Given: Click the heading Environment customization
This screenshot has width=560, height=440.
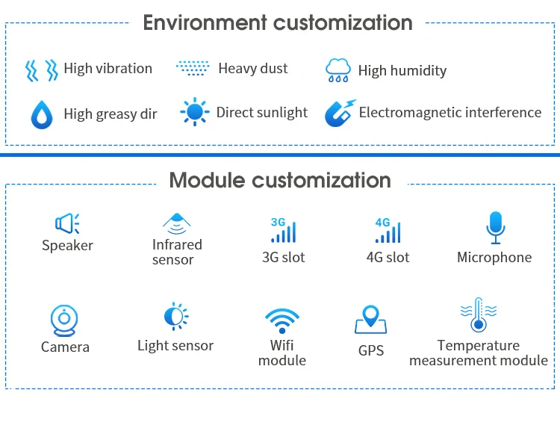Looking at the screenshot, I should coord(278,22).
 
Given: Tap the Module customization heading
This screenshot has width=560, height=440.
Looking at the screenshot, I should coord(280,180).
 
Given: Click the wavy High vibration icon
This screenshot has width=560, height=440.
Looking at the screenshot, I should coord(42,70).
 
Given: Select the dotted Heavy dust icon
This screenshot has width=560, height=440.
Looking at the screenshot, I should coord(193,68).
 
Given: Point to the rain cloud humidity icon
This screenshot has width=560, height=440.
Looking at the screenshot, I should coord(337,71).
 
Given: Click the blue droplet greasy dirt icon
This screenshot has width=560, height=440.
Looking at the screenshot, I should coord(42,114).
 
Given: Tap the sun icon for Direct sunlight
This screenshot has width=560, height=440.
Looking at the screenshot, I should coord(195,113).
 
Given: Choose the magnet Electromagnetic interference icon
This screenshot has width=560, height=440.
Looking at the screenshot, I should coord(340,113).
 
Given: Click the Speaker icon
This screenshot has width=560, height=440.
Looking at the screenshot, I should coord(67,223).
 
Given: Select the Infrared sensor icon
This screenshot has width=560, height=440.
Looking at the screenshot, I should coord(177,222).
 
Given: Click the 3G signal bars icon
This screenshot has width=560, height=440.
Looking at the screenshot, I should coord(282,230).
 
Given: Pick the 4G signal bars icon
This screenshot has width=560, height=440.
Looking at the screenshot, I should coord(387,230).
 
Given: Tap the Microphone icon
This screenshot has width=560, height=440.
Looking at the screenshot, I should coord(494,227).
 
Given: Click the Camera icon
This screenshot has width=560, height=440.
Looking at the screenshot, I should coord(65,320).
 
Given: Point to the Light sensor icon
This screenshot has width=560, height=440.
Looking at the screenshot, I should coord(176,317).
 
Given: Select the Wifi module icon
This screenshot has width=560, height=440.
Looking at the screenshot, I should coord(282,320).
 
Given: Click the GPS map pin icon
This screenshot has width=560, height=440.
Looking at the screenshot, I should coord(370,320).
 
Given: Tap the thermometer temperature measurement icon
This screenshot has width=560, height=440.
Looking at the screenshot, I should coord(478,315).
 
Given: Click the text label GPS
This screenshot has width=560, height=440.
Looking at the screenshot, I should coord(371,350).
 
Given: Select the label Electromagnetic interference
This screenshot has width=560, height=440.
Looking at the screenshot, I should coord(450,113).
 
